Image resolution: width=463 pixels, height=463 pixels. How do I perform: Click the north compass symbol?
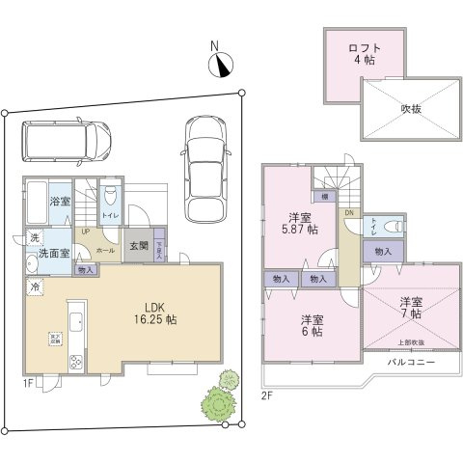[222, 64]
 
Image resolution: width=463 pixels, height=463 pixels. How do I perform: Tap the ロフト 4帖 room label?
[364, 53]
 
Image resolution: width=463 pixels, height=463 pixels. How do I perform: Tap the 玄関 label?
[140, 246]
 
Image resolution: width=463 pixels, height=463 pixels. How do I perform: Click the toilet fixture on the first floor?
[110, 194]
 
